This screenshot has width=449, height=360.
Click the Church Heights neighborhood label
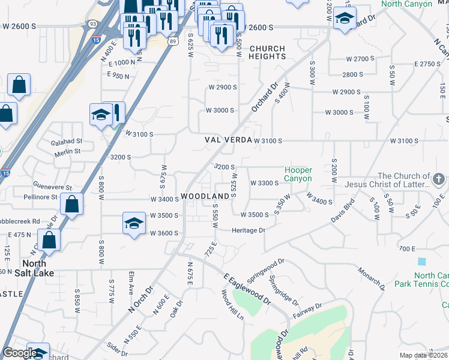point(267,52)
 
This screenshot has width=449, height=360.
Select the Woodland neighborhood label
point(205,197)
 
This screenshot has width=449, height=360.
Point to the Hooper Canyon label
point(298,175)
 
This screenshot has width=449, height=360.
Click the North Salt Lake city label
point(38,268)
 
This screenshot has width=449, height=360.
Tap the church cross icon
point(439,179)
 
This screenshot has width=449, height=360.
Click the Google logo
point(20,353)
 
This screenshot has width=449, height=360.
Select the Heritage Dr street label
point(249,230)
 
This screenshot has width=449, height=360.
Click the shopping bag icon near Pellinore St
point(71,204)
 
